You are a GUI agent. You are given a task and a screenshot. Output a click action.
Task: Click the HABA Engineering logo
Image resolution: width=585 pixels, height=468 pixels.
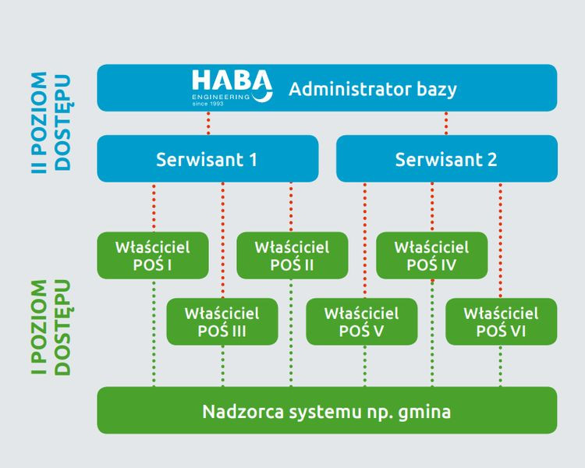click(x=232, y=86)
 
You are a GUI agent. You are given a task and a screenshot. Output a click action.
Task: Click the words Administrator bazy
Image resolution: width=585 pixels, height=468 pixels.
click(x=372, y=88)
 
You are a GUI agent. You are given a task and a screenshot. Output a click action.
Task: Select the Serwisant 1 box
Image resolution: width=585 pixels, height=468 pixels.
click(x=207, y=159)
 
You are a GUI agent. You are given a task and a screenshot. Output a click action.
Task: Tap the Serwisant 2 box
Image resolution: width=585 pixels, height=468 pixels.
click(x=446, y=159)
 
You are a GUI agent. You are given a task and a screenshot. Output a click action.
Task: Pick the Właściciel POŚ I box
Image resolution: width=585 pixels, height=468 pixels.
click(x=153, y=255)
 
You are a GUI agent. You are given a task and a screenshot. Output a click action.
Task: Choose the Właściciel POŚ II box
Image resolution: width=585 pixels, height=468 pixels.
click(x=292, y=255)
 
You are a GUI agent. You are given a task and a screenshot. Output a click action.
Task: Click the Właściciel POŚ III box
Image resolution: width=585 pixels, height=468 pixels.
click(x=222, y=321)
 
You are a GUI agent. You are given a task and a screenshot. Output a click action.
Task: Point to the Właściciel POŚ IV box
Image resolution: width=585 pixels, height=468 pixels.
click(x=431, y=255)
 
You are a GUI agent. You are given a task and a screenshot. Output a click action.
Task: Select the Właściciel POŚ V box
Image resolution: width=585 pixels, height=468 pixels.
click(x=361, y=321)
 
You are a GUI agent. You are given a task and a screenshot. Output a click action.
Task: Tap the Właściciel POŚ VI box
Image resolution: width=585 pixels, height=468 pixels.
click(x=501, y=321)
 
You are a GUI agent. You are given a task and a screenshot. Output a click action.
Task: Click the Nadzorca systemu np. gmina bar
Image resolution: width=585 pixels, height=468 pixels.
click(x=327, y=410)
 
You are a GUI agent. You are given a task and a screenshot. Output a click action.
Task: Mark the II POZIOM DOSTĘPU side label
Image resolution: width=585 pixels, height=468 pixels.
click(x=51, y=122)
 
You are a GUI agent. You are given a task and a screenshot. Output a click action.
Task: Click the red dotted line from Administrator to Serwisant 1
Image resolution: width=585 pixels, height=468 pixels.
click(x=208, y=123)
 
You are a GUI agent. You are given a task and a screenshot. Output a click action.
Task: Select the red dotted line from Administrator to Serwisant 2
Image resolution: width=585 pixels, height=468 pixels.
click(x=446, y=123)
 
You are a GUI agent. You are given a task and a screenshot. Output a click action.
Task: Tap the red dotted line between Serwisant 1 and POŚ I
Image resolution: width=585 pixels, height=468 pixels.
click(x=154, y=207)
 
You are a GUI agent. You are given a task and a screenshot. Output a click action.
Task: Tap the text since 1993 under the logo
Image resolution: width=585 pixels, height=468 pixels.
click(x=207, y=103)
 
